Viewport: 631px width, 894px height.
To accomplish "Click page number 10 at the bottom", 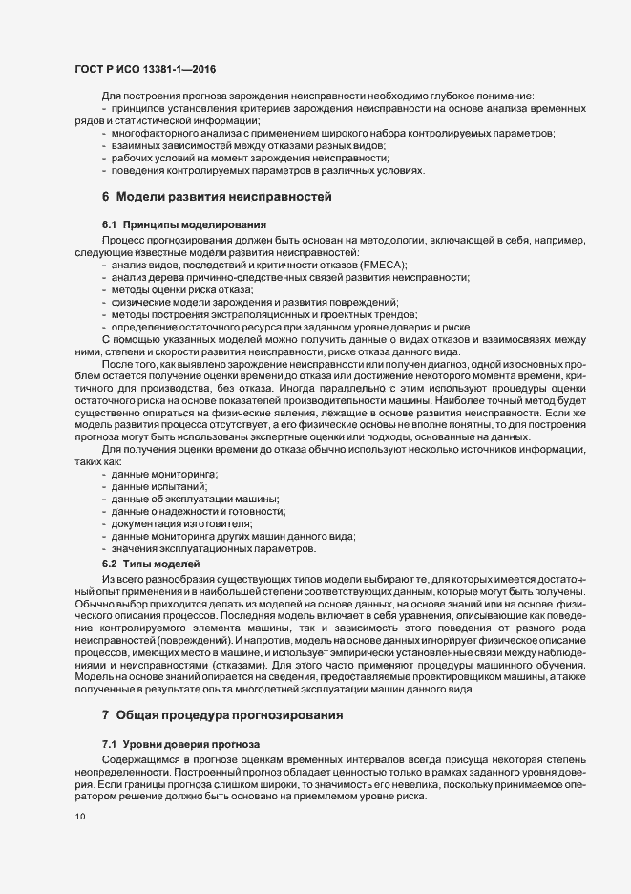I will coord(79,817).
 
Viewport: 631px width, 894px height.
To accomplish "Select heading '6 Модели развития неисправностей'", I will coord(217,198).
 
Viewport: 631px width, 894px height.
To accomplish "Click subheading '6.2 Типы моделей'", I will coord(143,563).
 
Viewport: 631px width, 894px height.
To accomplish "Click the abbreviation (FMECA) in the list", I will coord(382,264).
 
